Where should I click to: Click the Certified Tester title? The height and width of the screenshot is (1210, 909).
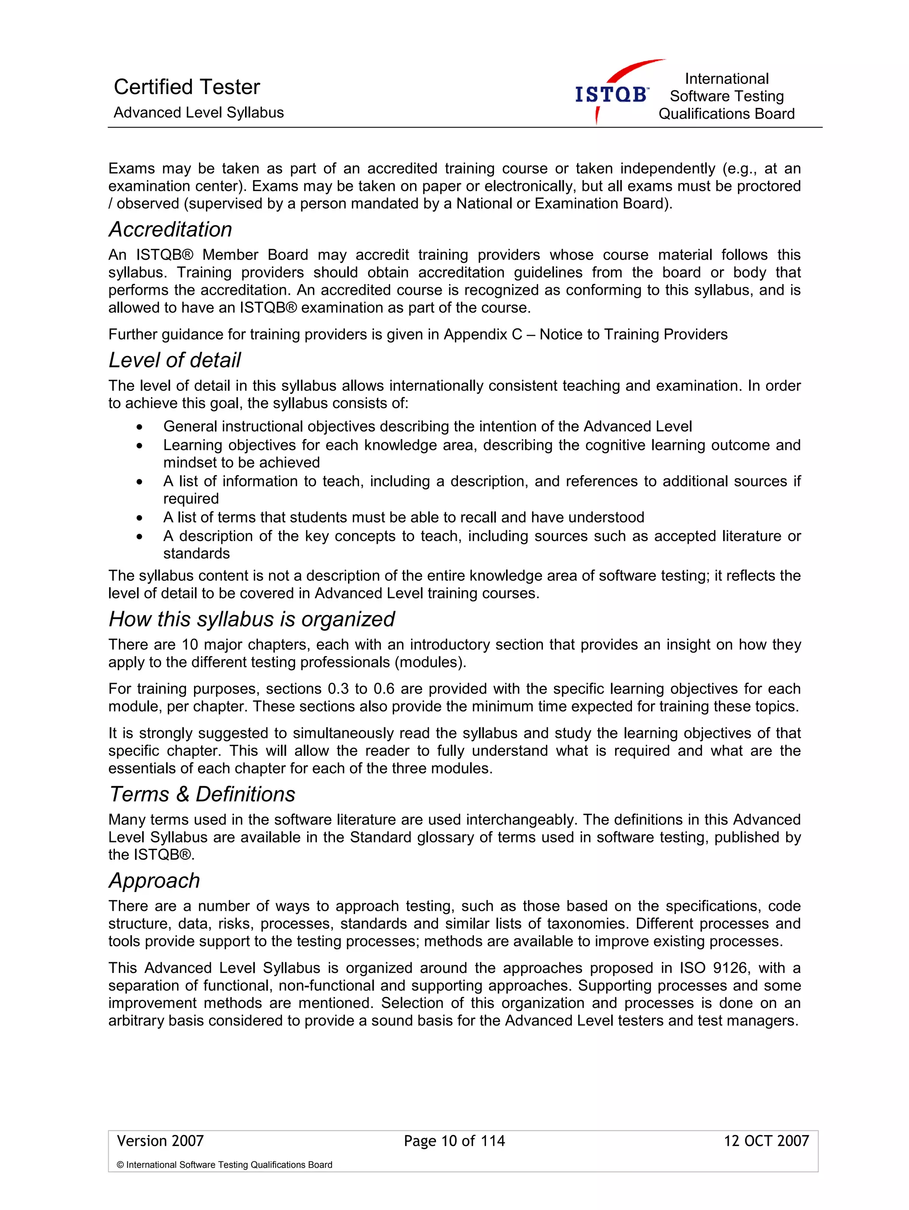click(186, 87)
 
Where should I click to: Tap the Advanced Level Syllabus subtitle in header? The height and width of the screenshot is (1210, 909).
click(198, 113)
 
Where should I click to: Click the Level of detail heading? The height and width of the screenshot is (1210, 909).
click(174, 360)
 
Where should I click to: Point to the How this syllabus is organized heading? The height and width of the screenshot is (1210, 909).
click(252, 619)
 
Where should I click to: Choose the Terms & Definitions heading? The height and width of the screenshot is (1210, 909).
click(202, 794)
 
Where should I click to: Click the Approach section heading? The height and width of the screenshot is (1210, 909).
click(154, 880)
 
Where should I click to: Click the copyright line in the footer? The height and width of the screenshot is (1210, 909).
click(224, 1165)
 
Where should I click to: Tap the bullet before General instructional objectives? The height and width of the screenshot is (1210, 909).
click(140, 427)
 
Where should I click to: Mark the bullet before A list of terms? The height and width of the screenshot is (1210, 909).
click(140, 518)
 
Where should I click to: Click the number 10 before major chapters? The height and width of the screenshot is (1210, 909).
click(190, 645)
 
